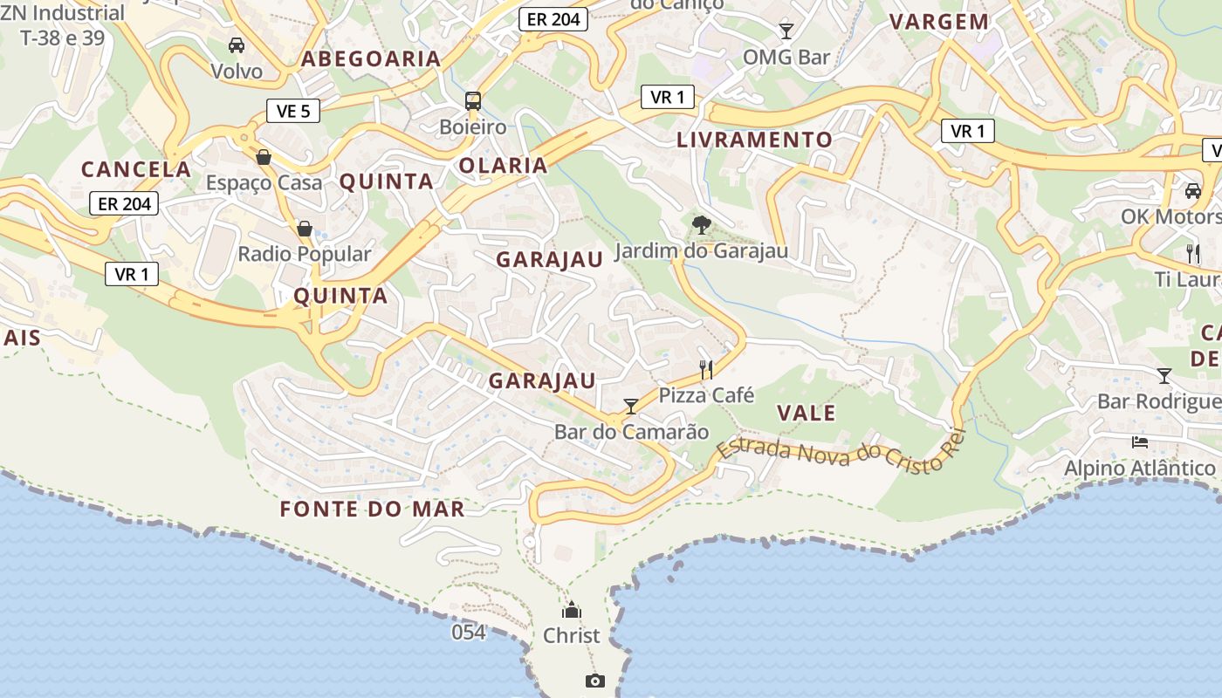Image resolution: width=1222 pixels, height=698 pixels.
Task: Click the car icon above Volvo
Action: coord(236,44)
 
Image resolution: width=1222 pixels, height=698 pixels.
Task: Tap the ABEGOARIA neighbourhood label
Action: coord(371,59)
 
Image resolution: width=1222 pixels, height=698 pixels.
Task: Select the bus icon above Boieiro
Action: coord(472,100)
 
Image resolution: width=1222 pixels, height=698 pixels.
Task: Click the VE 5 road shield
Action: coord(293,111)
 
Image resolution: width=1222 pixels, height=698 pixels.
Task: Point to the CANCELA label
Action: coord(135,169)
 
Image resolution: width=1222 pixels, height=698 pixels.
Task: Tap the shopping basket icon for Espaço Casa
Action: coord(263,157)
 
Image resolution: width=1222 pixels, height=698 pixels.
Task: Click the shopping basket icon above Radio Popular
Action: coord(304,229)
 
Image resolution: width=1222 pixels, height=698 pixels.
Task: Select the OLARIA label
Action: coord(503,166)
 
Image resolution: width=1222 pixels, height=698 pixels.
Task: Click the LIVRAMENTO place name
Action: coord(754,140)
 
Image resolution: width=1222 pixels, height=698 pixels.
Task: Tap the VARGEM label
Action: coord(939,22)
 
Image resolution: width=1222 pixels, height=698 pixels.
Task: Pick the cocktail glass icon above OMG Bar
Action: coord(786,31)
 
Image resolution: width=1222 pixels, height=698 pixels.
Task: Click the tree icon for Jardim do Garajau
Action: coord(701,225)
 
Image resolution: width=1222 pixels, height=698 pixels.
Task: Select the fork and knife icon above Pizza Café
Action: coord(706,370)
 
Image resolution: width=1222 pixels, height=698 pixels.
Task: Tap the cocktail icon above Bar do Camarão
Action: coord(631,406)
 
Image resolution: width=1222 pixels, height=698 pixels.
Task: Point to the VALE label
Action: coord(806,414)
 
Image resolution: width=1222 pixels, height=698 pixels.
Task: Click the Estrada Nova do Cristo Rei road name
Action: coord(832,454)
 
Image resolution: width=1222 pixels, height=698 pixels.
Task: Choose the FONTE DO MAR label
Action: coord(373,510)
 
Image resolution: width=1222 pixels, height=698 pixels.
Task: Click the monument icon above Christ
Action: coord(572,609)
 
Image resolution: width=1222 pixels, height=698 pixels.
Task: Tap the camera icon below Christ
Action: coord(595,681)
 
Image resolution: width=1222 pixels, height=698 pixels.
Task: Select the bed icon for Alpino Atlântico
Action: coord(1139,441)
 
